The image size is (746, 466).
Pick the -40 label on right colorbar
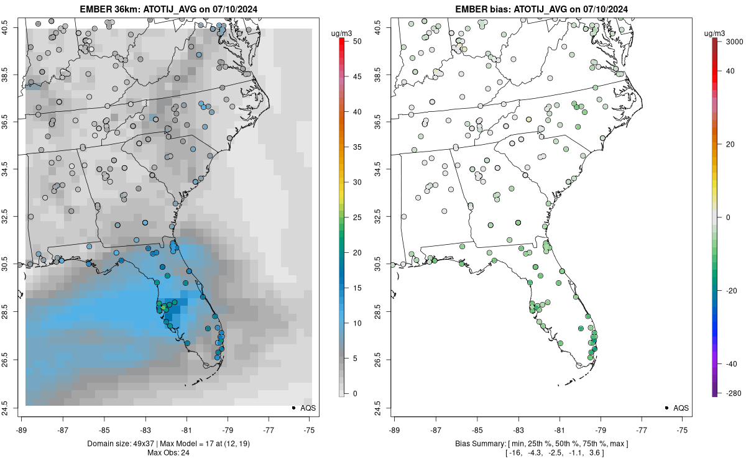728,363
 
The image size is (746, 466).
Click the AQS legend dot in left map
293,408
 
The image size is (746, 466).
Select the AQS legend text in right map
681,408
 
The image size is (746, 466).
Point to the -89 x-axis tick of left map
22,429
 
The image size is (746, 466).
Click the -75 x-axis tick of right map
683,429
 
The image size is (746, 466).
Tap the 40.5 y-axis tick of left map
12,27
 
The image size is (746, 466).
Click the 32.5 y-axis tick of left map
12,217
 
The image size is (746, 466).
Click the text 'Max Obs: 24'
168,452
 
